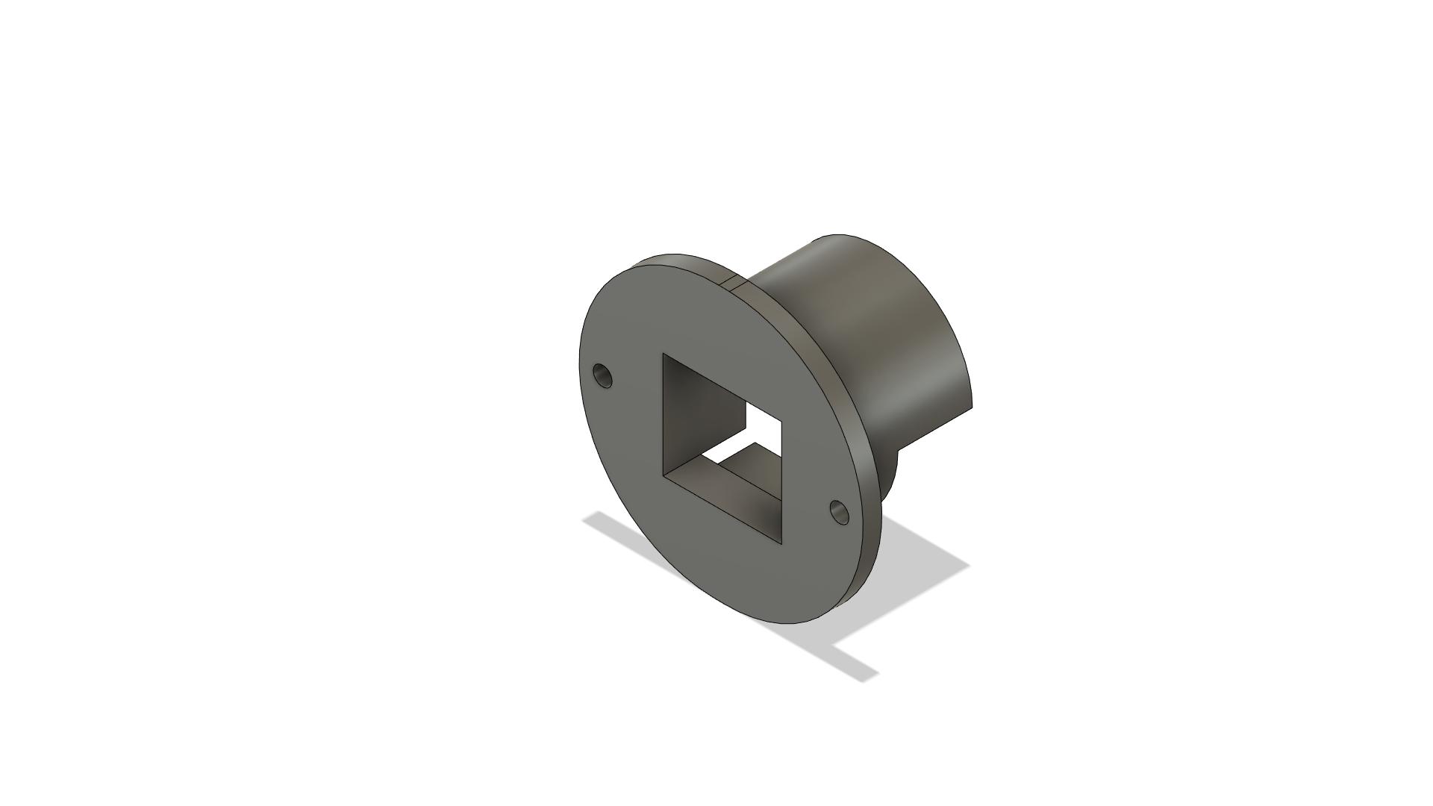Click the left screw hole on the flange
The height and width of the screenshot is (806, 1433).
click(x=602, y=375)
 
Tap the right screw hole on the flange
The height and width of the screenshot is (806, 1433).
click(x=840, y=512)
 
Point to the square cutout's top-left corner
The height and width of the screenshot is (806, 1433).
click(x=664, y=354)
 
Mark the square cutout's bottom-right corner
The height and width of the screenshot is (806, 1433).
click(x=784, y=543)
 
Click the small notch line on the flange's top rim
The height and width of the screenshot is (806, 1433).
click(x=728, y=281)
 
